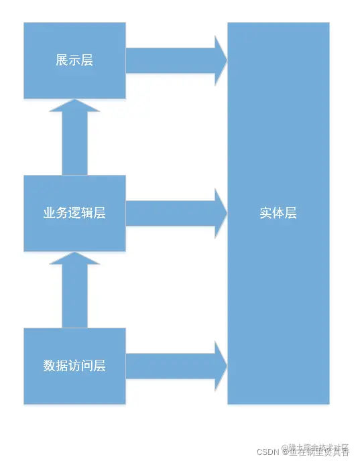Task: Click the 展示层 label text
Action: pyautogui.click(x=74, y=60)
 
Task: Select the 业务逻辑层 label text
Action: pyautogui.click(x=74, y=213)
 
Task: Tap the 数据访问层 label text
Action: pyautogui.click(x=74, y=366)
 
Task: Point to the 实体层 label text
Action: pyautogui.click(x=278, y=213)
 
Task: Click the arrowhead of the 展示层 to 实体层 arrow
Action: pyautogui.click(x=221, y=60)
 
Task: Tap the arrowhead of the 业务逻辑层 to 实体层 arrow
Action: pyautogui.click(x=221, y=213)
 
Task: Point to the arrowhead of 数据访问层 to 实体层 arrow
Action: pyautogui.click(x=221, y=366)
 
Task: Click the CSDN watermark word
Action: pyautogui.click(x=267, y=452)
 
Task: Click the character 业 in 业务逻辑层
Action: pyautogui.click(x=50, y=213)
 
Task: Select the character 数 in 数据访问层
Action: pyautogui.click(x=50, y=366)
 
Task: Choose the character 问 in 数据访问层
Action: pyautogui.click(x=87, y=366)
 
